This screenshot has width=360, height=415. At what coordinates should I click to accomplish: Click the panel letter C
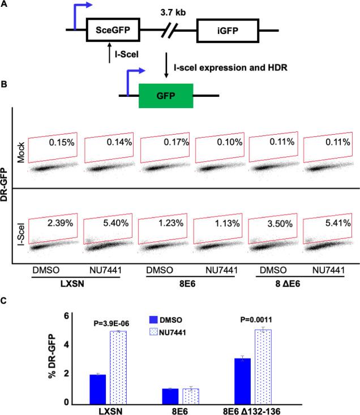5,302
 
